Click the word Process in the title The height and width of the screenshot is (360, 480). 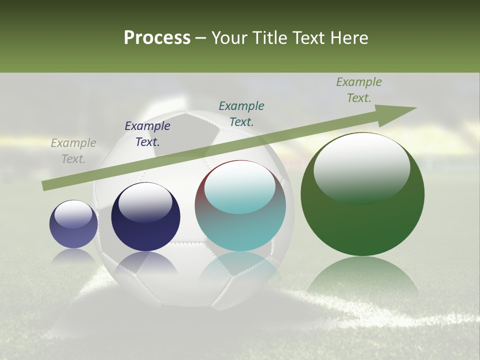[157, 38]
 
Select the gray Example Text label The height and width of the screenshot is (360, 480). [73, 151]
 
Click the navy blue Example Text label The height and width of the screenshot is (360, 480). [147, 134]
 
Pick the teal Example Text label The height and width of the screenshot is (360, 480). [241, 113]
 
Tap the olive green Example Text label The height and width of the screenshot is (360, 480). [359, 90]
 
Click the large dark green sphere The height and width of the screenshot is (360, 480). [362, 220]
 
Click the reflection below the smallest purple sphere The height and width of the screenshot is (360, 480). [73, 256]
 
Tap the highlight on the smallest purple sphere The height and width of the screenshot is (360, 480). [73, 214]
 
